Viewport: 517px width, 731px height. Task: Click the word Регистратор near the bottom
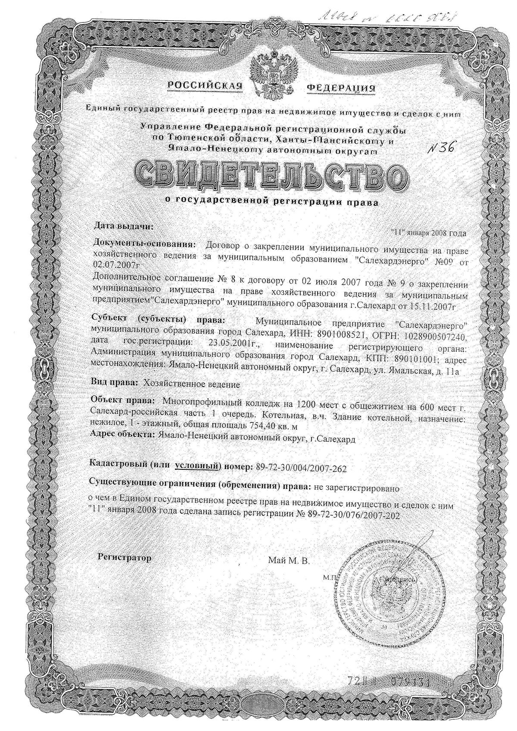tap(125, 558)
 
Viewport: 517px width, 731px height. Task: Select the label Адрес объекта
tap(121, 435)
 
